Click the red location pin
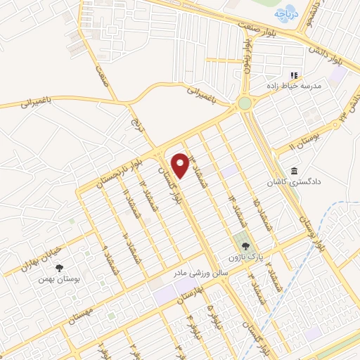[180, 165]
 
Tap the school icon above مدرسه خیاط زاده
[295, 75]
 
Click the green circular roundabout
[245, 104]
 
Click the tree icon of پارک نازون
[246, 247]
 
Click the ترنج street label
[136, 126]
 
